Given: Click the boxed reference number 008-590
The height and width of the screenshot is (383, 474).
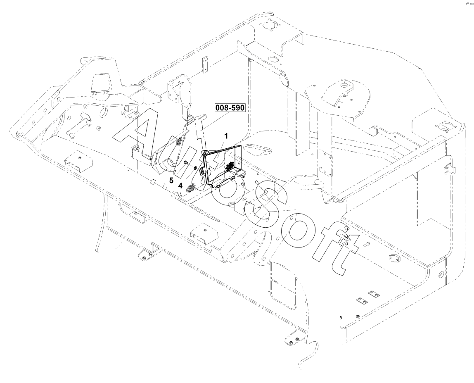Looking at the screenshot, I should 230,109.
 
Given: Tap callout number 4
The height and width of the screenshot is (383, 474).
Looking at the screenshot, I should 180,186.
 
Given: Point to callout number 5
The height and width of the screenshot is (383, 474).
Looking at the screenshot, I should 171,180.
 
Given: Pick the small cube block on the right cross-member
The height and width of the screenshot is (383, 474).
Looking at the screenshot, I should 374,130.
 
